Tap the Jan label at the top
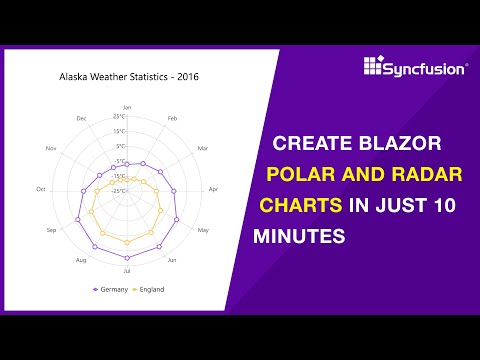click(x=126, y=106)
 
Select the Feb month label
click(x=172, y=118)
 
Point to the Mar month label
click(x=203, y=149)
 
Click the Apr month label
click(x=213, y=189)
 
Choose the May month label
click(x=203, y=230)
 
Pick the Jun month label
click(x=172, y=260)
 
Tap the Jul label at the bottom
click(x=126, y=271)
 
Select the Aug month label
click(x=81, y=260)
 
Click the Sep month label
click(x=51, y=230)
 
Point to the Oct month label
click(x=41, y=189)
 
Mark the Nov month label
click(x=51, y=149)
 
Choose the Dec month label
click(x=81, y=118)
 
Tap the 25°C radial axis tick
click(x=119, y=117)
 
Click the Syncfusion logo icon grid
click(x=373, y=69)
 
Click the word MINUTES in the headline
click(x=303, y=237)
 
